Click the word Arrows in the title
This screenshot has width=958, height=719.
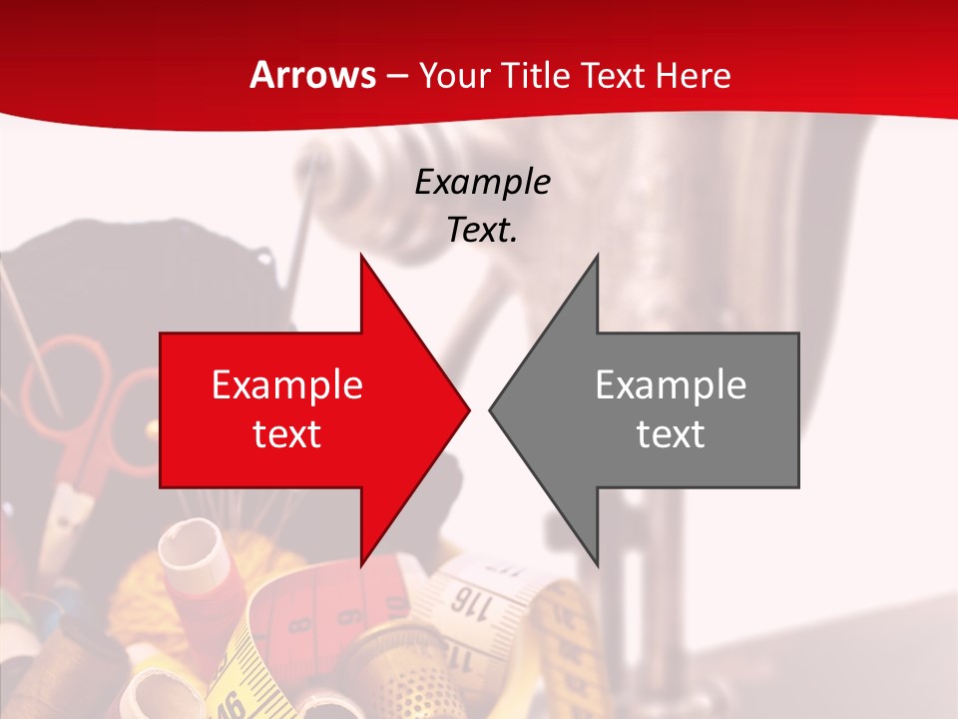click(313, 75)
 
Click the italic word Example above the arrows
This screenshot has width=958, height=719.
click(482, 183)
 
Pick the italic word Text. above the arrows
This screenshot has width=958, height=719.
click(482, 230)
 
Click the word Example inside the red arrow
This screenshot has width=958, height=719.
click(287, 385)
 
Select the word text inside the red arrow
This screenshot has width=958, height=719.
click(287, 433)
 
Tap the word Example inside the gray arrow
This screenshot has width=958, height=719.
click(671, 385)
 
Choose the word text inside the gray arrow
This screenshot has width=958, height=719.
click(671, 433)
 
